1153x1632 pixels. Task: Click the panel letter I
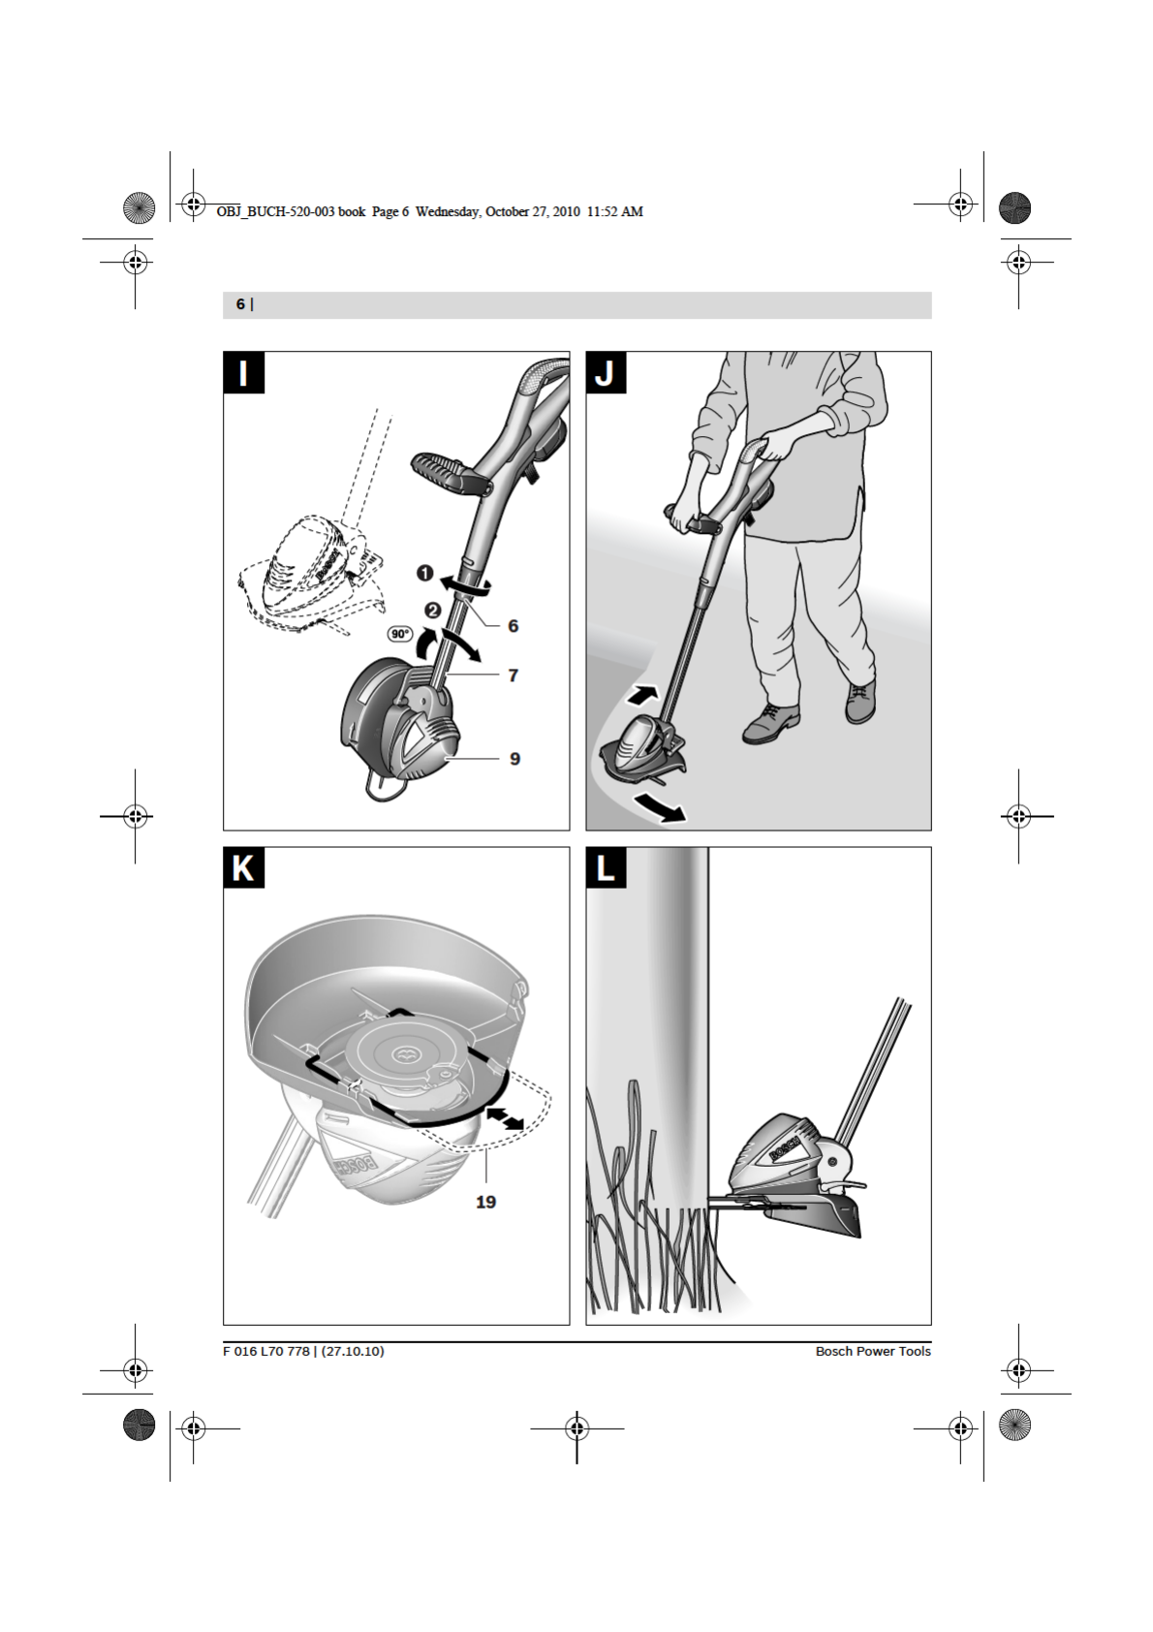click(243, 372)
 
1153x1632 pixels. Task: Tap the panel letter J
click(606, 372)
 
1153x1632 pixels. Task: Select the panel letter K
click(243, 867)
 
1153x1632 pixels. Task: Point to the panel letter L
click(606, 867)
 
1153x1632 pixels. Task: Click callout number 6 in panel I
click(513, 626)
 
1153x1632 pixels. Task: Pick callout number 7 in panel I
click(513, 675)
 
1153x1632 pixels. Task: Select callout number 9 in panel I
click(514, 759)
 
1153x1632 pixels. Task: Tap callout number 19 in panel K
click(485, 1202)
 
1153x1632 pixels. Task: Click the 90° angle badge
click(400, 634)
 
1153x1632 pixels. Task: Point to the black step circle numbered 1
click(424, 574)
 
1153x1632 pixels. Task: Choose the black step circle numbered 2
click(433, 610)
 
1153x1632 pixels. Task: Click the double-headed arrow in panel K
click(504, 1117)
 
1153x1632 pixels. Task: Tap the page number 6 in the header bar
click(240, 304)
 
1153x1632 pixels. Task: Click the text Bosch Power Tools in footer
click(873, 1351)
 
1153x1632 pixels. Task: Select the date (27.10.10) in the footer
click(353, 1351)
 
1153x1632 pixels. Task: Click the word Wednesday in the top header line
click(448, 211)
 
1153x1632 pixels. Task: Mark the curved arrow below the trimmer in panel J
click(659, 806)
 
